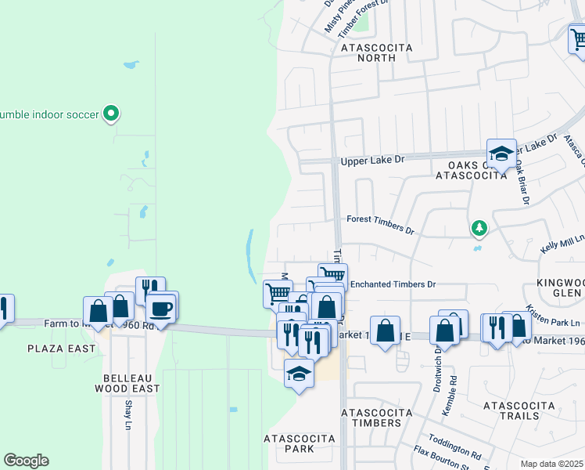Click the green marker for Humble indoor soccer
point(111,114)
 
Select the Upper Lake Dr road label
point(372,160)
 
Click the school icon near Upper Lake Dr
point(501,153)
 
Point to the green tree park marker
point(478,229)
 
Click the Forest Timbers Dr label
point(380,226)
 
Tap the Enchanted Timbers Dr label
point(392,284)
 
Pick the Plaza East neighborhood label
point(61,348)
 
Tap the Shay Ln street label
point(128,415)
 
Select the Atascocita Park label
point(289,443)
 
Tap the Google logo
point(27,461)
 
